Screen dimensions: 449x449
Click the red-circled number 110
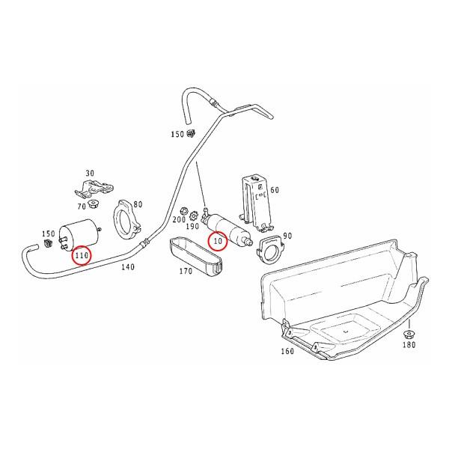82,257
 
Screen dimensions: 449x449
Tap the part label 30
91,172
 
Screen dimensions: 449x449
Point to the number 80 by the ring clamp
137,204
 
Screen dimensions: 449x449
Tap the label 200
179,219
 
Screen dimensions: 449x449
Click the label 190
194,227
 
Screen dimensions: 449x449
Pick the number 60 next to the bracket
274,190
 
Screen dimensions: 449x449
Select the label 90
287,236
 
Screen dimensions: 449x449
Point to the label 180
409,346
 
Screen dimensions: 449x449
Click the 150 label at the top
177,135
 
